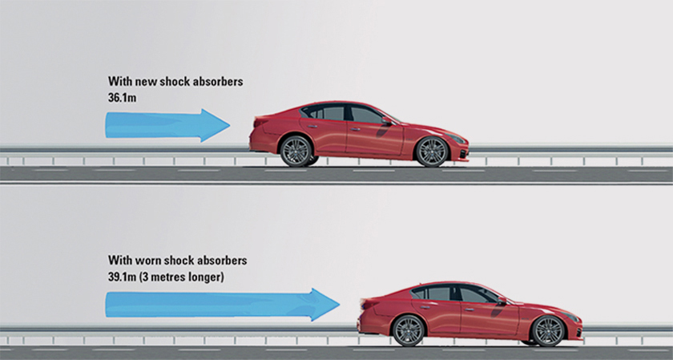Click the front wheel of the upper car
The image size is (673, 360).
(x=432, y=152)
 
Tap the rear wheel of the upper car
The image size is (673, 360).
(x=296, y=152)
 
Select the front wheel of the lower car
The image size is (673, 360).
(x=547, y=331)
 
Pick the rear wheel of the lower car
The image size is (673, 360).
(x=408, y=331)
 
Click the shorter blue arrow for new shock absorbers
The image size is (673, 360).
(x=167, y=125)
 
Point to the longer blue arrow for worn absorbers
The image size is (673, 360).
(x=223, y=305)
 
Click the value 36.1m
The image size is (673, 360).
(x=122, y=98)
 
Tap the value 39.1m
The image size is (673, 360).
(x=123, y=277)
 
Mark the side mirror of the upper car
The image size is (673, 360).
(x=387, y=121)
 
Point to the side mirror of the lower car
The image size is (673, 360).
(x=502, y=301)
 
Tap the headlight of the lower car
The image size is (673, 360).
(x=570, y=317)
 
